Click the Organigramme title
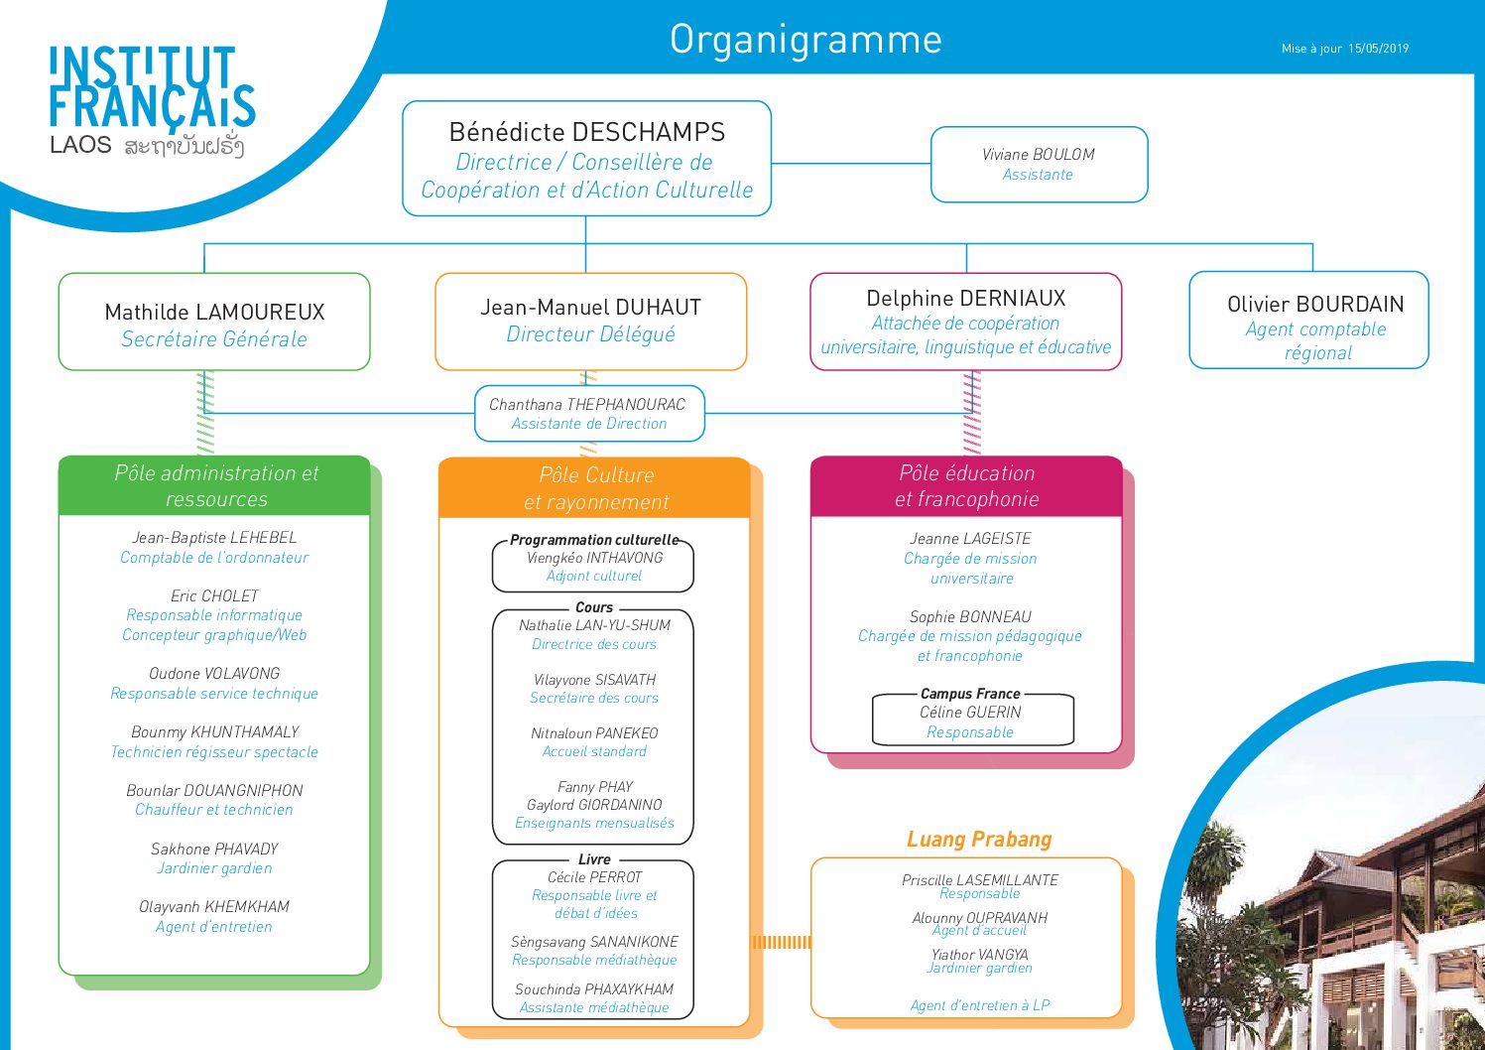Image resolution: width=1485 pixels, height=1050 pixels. coord(805,40)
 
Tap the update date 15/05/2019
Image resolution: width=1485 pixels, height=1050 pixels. coord(1378,49)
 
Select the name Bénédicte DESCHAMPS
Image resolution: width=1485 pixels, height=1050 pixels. coord(586,132)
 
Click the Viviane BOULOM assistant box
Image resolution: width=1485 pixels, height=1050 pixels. coord(1039,165)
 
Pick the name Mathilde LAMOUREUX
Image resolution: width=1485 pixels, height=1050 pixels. coord(214,312)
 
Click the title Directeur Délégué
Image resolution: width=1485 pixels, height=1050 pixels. coord(590,334)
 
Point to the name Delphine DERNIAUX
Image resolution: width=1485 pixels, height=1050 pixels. coord(966,299)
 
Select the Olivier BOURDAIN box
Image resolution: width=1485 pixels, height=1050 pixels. coord(1308,320)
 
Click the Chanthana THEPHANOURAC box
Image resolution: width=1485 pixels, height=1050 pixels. coord(589,413)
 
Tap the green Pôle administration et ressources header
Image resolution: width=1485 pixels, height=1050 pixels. coord(214,485)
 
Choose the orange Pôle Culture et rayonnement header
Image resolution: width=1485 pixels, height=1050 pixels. coord(594,488)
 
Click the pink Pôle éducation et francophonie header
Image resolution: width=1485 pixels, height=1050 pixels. coord(966,486)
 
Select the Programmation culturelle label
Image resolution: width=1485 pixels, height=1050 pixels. coord(594,540)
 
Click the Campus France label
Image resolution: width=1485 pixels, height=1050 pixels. coord(970,694)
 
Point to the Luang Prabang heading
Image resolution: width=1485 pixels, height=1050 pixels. coord(979,840)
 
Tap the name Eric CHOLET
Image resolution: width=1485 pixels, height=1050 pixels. coord(214,595)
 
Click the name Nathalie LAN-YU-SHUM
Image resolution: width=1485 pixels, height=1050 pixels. coord(594,625)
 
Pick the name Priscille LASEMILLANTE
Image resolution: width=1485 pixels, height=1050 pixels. coord(980,879)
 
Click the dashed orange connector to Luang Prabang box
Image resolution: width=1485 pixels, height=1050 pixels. coord(781,942)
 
